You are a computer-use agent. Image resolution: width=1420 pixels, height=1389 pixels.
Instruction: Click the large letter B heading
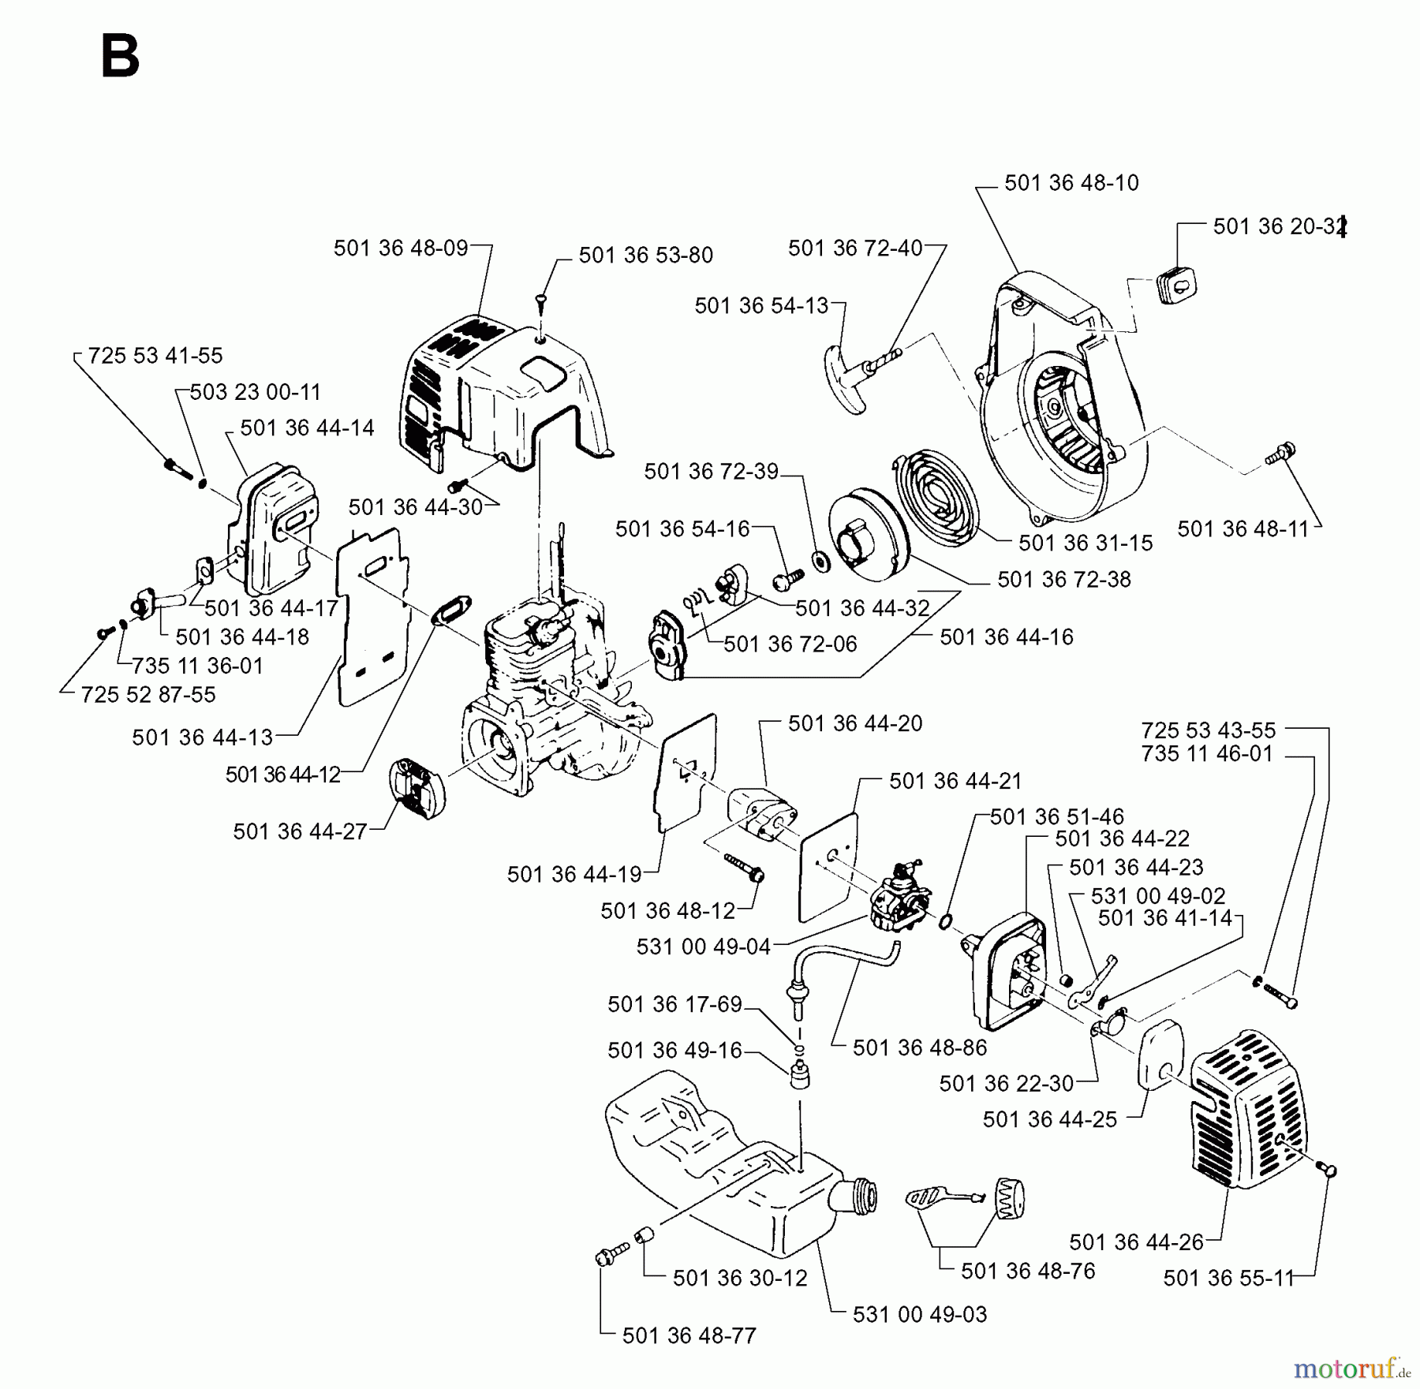point(120,58)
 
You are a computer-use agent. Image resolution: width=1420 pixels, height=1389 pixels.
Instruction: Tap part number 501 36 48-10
point(1071,183)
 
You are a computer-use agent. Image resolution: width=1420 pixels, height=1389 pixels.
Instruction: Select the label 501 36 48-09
point(401,248)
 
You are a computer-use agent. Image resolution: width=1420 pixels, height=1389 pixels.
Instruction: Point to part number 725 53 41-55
point(155,356)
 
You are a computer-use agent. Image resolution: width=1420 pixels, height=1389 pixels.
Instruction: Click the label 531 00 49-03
point(920,1315)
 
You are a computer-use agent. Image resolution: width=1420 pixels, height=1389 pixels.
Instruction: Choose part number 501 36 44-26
point(1136,1242)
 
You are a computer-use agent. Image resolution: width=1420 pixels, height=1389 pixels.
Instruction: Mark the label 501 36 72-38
point(1063,580)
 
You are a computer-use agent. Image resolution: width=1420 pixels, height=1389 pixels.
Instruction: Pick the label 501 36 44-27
point(300,831)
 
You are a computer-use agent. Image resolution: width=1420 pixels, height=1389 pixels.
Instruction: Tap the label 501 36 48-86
point(920,1048)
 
